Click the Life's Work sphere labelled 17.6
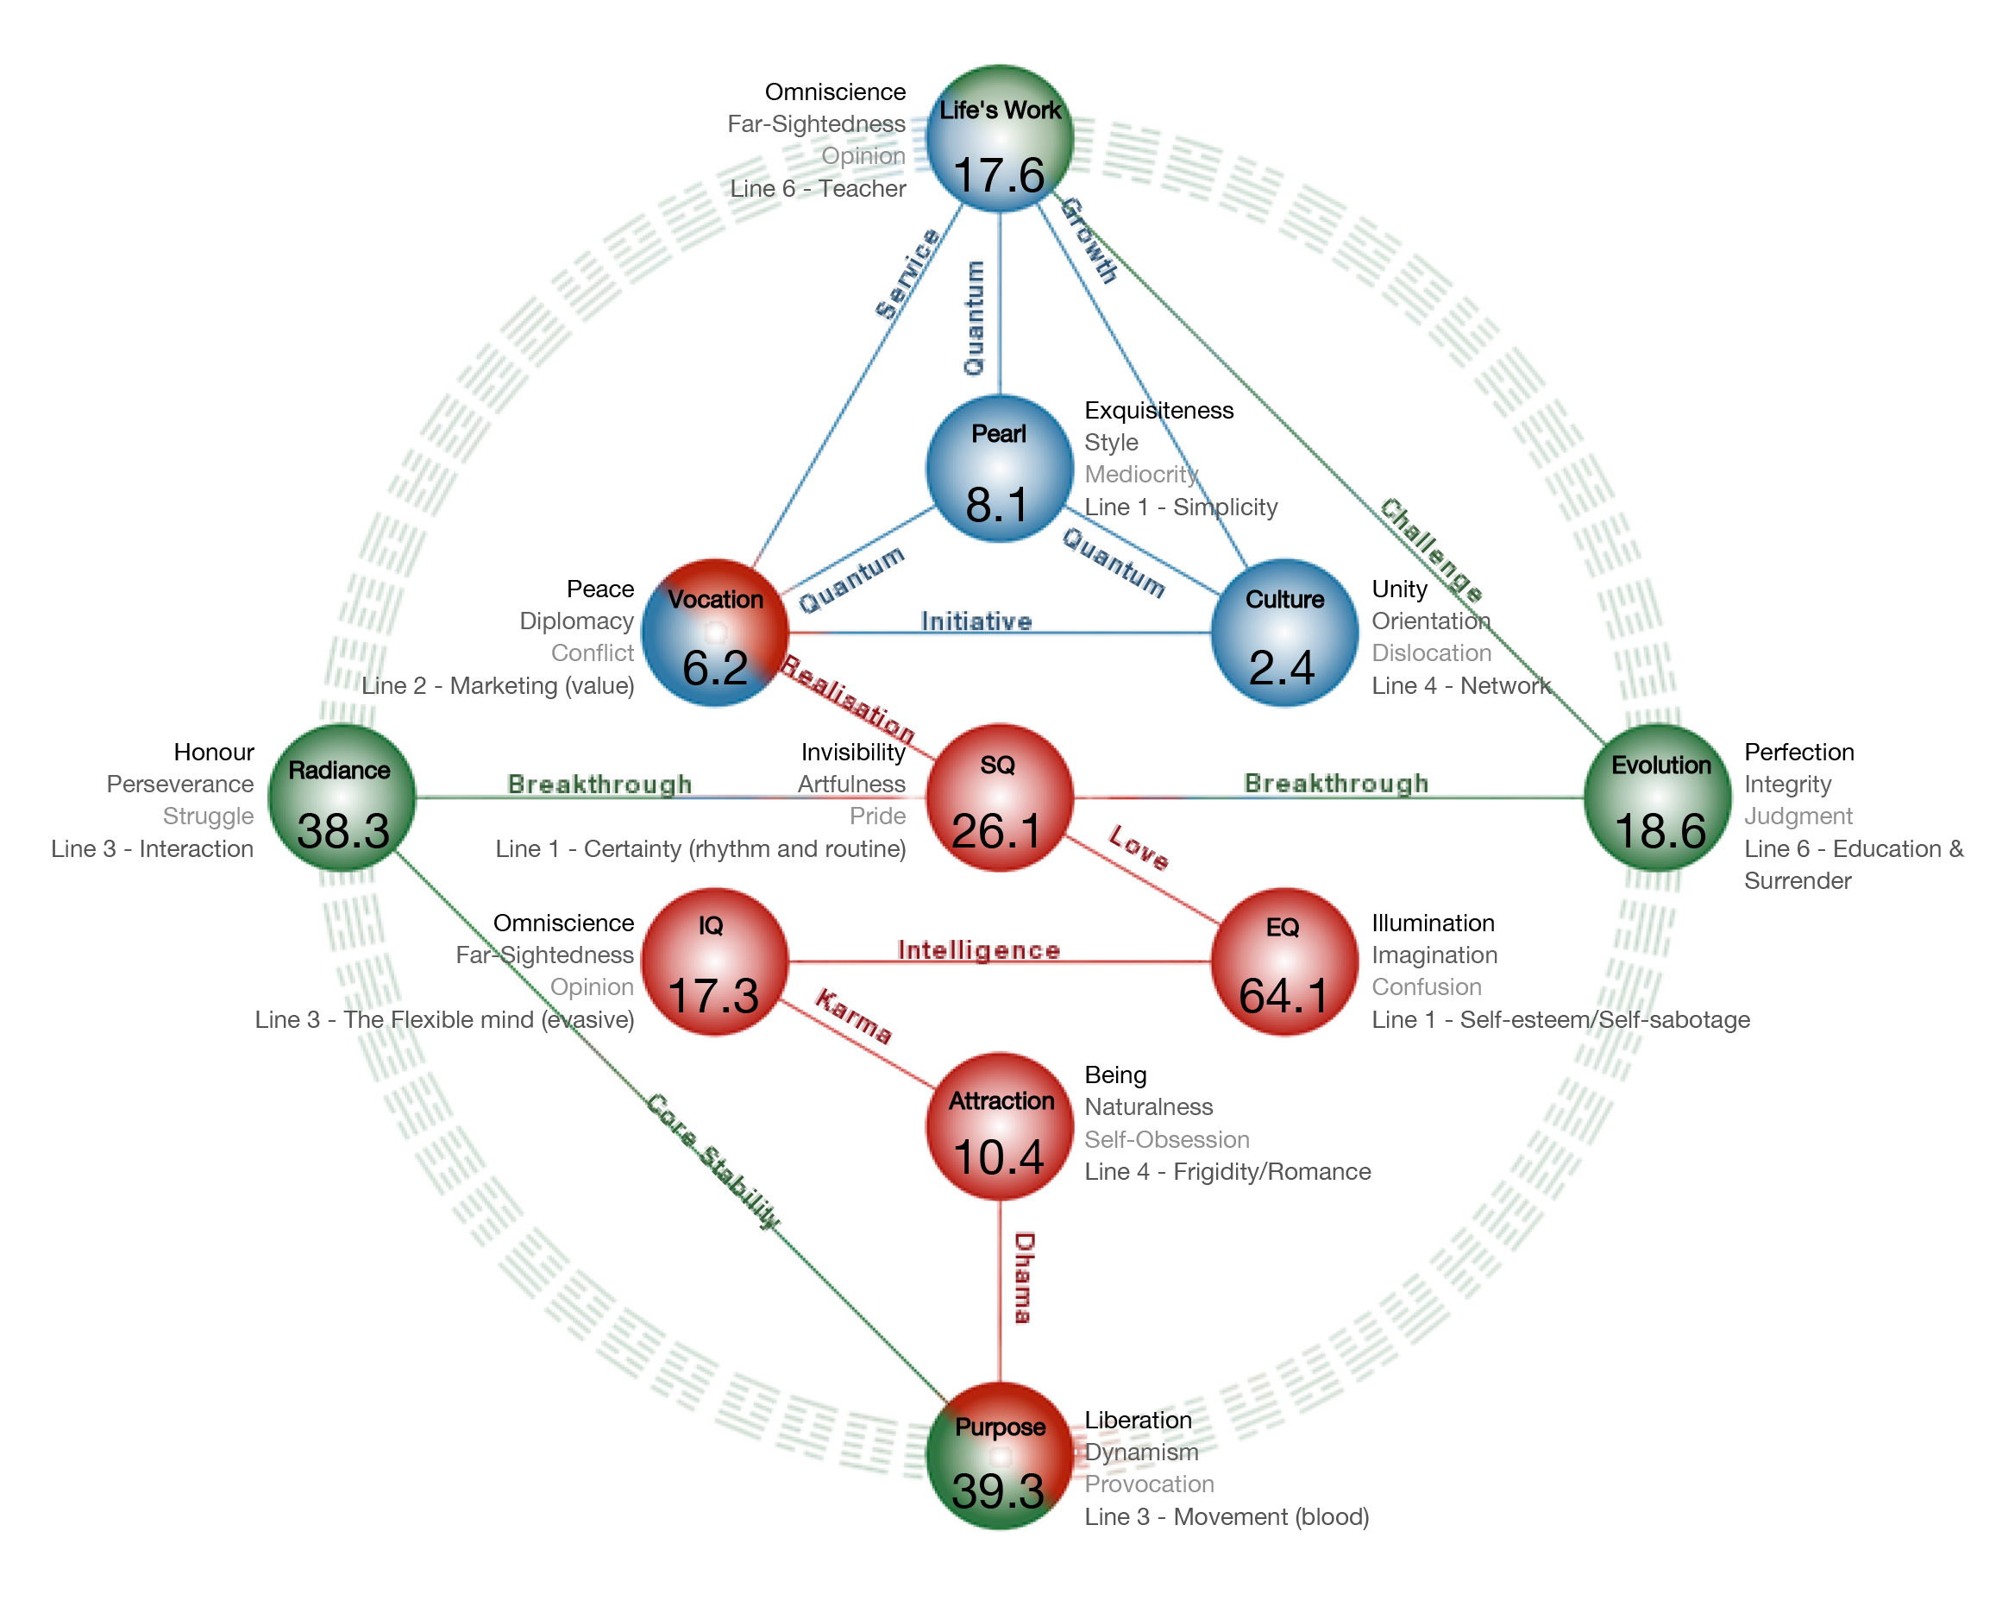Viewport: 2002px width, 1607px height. tap(999, 139)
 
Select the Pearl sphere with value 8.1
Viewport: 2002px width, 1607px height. tap(999, 469)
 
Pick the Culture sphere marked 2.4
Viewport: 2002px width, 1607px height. tap(1284, 633)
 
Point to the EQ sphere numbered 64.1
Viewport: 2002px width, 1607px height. tap(1284, 962)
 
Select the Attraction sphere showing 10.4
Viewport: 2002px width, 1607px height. tap(999, 1127)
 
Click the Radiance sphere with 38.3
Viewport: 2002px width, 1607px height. tap(341, 798)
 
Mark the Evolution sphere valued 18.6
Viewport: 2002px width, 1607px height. tap(1659, 798)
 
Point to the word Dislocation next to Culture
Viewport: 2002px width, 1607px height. tap(1432, 653)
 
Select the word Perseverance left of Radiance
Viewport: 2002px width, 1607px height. tap(180, 784)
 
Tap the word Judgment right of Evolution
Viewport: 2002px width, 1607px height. tap(1798, 816)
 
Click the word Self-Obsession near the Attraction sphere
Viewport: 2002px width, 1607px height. tap(1167, 1140)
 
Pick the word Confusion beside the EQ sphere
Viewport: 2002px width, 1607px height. tap(1428, 986)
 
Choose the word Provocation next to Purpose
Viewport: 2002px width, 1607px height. tap(1150, 1484)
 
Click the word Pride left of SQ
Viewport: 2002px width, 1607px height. tap(877, 816)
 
